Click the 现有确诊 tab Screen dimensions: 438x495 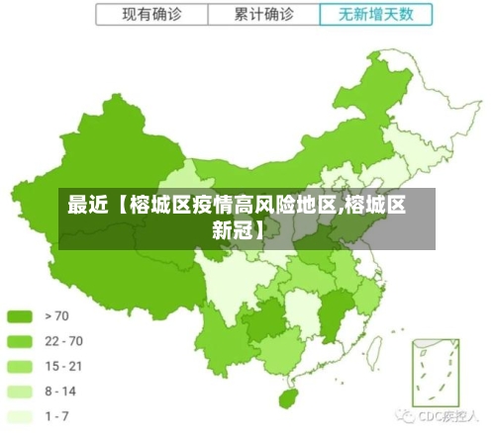[150, 15]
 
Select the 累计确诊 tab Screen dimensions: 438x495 [264, 15]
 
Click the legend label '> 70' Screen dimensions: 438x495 [57, 316]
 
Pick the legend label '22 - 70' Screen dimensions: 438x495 [63, 341]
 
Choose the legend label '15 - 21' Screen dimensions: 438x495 [63, 366]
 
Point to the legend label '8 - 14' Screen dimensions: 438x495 [61, 392]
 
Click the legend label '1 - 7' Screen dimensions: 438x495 [58, 416]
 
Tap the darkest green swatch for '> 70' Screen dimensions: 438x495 [21, 316]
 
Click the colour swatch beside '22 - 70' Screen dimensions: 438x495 [21, 341]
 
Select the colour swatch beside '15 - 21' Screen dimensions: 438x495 [21, 366]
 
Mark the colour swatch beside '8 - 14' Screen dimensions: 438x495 [21, 392]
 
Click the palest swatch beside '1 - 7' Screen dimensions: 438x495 [21, 416]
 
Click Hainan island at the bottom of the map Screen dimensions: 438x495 [290, 398]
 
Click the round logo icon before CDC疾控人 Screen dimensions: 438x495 [405, 418]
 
